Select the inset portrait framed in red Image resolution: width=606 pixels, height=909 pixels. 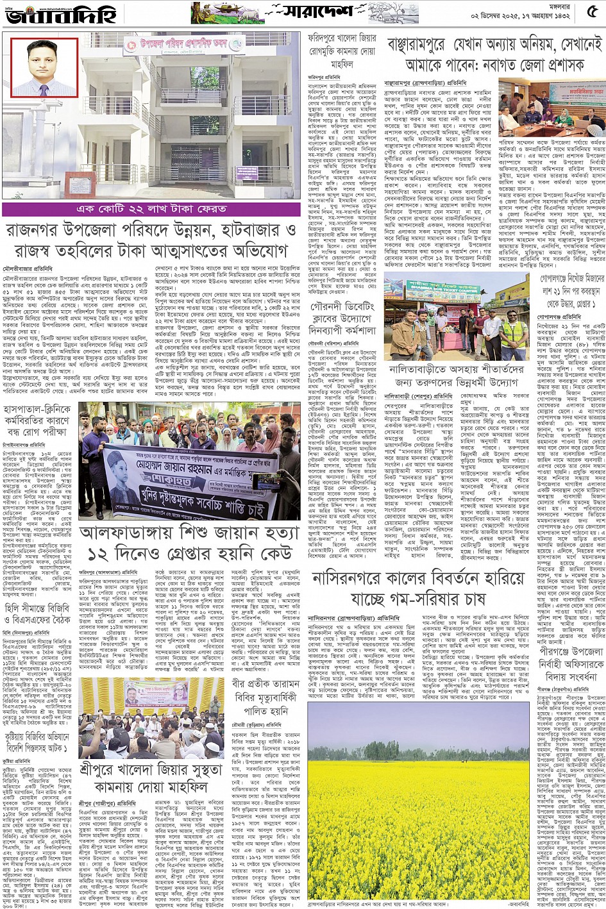(x=44, y=67)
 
